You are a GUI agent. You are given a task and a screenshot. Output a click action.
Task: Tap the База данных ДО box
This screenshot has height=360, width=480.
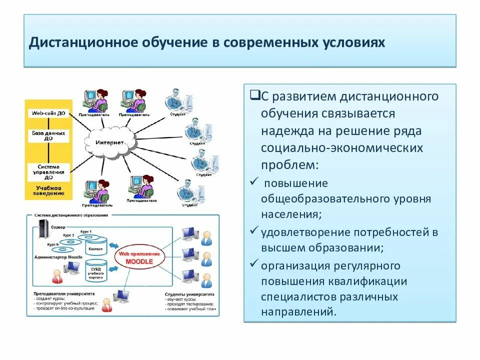(x=48, y=136)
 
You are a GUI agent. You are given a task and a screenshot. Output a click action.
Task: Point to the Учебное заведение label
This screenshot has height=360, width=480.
(x=48, y=190)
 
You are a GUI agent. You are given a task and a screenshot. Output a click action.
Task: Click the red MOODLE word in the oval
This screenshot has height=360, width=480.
(x=138, y=261)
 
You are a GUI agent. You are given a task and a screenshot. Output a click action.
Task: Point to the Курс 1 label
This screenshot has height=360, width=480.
(x=85, y=232)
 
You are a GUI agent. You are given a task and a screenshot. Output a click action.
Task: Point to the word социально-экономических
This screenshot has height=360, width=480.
(x=341, y=148)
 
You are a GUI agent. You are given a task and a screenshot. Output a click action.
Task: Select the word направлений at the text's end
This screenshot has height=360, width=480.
(x=296, y=312)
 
